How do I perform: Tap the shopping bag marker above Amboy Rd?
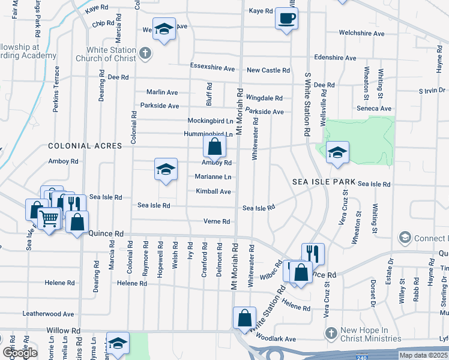pos(214,146)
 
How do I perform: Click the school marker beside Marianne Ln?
pos(166,169)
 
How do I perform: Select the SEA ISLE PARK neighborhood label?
pos(325,181)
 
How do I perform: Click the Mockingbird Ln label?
pos(209,121)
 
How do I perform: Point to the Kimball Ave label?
pos(213,191)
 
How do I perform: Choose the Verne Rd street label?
pos(217,221)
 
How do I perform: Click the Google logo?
pos(20,353)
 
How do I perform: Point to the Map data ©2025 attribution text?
pos(423,355)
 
